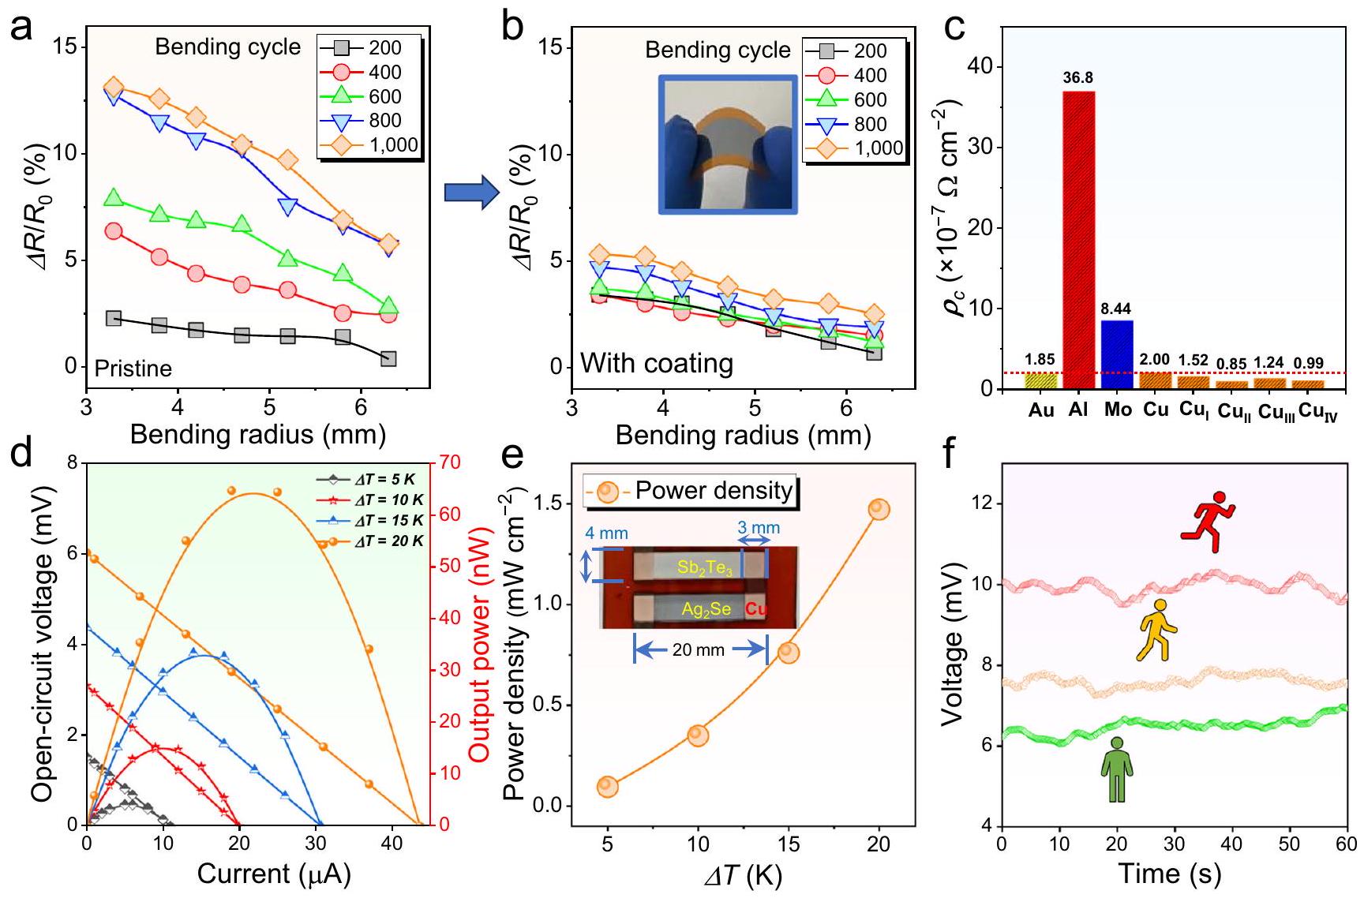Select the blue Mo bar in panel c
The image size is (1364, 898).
[x=1117, y=354]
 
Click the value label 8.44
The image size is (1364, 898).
[x=1117, y=308]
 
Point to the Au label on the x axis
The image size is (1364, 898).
[x=1041, y=410]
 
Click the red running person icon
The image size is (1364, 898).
[x=1208, y=522]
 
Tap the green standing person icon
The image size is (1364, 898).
[x=1116, y=769]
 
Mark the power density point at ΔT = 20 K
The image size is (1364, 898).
[x=879, y=510]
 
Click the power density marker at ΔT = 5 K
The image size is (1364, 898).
[x=607, y=786]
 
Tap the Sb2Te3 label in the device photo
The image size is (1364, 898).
[x=705, y=567]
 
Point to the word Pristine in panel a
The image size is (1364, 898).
[x=133, y=369]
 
